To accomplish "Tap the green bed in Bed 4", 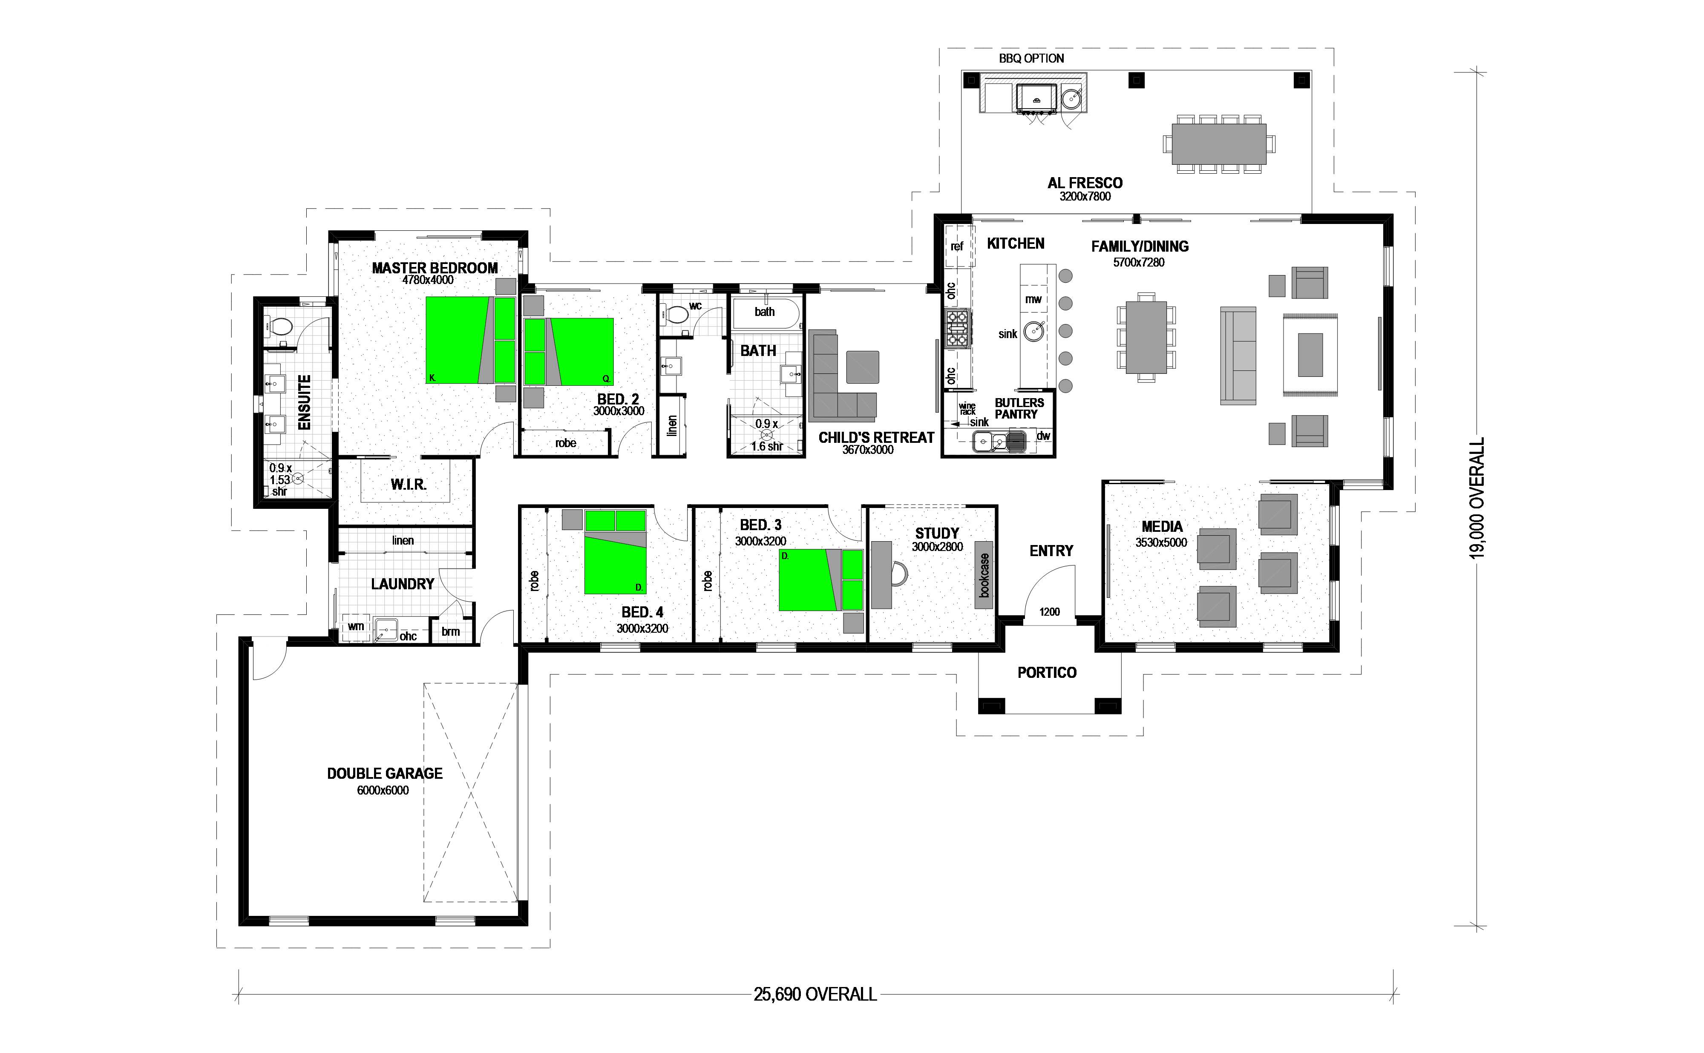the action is click(x=615, y=551).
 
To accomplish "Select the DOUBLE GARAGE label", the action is click(x=385, y=773).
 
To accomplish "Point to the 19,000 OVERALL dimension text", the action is click(x=1477, y=498).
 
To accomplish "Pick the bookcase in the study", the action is click(x=984, y=575).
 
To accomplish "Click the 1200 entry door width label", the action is click(x=1049, y=612).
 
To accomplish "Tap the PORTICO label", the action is click(x=1047, y=673).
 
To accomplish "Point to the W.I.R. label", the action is click(x=408, y=484).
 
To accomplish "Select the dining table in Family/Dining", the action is click(x=1146, y=337).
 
